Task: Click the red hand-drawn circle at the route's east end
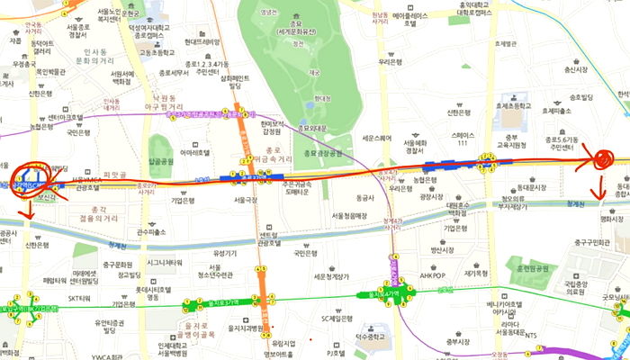[x=601, y=159]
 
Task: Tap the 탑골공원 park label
[x=162, y=161]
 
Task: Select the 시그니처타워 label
[x=166, y=262]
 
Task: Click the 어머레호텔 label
[x=195, y=153]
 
